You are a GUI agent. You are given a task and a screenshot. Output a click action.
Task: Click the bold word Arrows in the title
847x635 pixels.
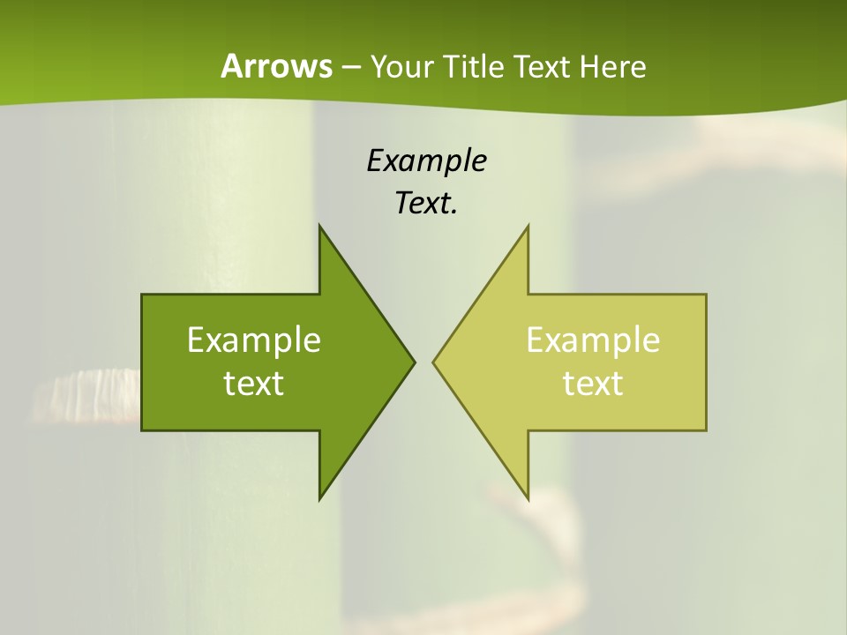click(x=276, y=66)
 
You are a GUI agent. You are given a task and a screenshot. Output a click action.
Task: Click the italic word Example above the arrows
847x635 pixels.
click(x=426, y=161)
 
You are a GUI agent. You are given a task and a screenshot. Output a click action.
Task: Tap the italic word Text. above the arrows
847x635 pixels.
click(x=426, y=204)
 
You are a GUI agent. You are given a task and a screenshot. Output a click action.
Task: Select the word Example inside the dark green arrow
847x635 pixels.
click(x=253, y=340)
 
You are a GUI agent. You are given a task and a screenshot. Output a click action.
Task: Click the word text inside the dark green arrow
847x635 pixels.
click(x=253, y=384)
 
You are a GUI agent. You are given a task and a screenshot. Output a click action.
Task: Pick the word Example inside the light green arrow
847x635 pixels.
click(x=593, y=340)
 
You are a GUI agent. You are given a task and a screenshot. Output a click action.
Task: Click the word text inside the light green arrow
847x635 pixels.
click(x=593, y=384)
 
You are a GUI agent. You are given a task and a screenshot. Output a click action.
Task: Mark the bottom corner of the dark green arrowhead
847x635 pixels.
click(x=320, y=497)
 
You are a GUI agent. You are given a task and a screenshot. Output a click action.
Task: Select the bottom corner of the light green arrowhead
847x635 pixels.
click(x=527, y=497)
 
